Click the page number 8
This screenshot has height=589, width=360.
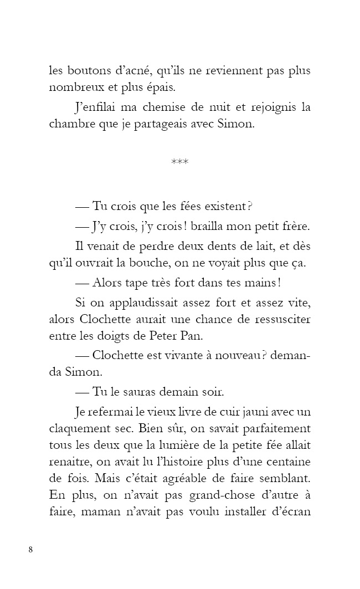pyautogui.click(x=30, y=549)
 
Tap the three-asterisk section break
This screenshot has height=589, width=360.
pyautogui.click(x=180, y=162)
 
